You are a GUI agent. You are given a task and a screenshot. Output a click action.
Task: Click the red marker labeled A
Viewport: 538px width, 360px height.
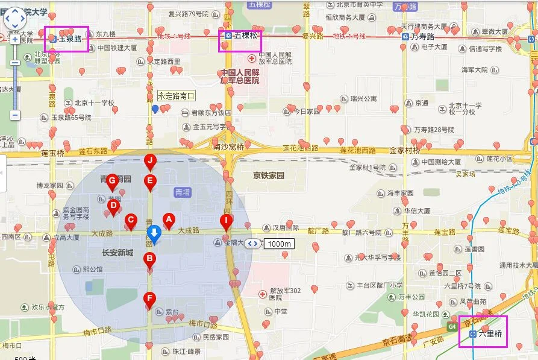[169, 220]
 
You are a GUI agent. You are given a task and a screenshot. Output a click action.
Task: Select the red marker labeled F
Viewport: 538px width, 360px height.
[149, 298]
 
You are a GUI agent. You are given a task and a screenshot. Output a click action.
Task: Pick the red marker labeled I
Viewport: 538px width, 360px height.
[226, 221]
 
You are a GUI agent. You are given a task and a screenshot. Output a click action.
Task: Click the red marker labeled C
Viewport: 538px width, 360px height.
[131, 220]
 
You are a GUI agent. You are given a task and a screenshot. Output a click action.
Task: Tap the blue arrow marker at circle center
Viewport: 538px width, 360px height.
[154, 233]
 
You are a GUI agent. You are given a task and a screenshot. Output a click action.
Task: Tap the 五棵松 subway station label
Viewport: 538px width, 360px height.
[241, 36]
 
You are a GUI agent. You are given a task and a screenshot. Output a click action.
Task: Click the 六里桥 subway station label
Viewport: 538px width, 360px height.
[486, 333]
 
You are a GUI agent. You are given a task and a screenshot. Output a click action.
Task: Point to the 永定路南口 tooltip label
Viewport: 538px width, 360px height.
[176, 95]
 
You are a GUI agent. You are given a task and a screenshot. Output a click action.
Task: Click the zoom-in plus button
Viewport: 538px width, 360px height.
[15, 40]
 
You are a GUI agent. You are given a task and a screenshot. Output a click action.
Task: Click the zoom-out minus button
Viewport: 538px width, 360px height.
[15, 115]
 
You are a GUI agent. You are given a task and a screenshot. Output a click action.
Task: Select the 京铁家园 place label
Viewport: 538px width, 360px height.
[267, 175]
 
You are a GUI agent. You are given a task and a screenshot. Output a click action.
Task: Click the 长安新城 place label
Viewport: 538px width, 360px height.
[117, 252]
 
